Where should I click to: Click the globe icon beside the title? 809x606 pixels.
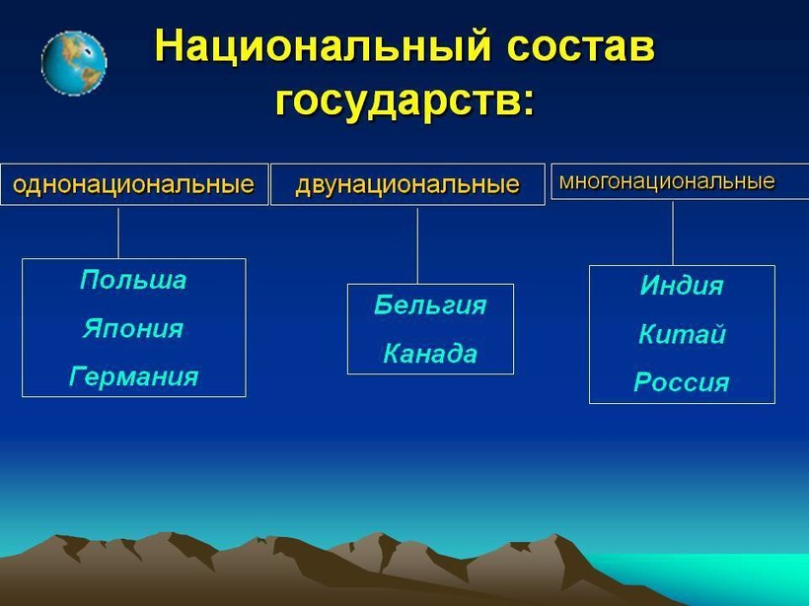tap(74, 63)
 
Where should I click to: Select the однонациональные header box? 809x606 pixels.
tap(134, 184)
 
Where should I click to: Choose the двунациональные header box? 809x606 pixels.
tap(407, 184)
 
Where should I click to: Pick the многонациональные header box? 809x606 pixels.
tap(680, 181)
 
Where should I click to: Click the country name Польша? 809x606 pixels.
tap(133, 280)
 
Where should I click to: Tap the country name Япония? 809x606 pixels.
tap(133, 328)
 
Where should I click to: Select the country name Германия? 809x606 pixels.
tap(133, 376)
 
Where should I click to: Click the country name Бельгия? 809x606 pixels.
tap(430, 305)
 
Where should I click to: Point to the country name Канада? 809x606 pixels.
tap(430, 354)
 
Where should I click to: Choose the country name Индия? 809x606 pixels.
tap(682, 285)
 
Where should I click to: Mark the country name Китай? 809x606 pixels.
tap(682, 334)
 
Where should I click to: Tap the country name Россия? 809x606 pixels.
tap(682, 382)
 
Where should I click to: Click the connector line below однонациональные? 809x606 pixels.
tap(118, 233)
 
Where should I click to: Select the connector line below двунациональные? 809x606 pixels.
tap(417, 245)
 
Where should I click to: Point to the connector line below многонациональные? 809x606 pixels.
tap(673, 233)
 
